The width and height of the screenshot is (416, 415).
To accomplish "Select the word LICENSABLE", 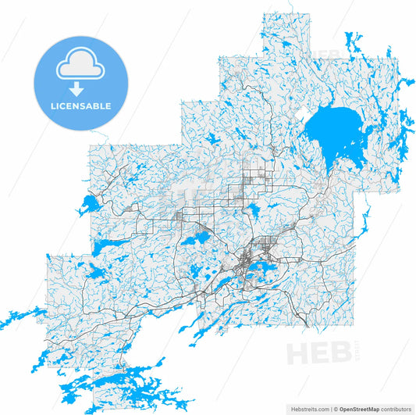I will [x=80, y=106].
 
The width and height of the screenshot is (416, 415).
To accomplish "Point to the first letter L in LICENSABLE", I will [x=52, y=106].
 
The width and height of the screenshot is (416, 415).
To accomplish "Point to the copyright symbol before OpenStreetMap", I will [x=336, y=408].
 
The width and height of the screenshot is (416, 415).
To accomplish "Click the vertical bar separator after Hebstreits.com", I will [x=330, y=408].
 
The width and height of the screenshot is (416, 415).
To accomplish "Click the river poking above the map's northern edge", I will [x=291, y=8].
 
